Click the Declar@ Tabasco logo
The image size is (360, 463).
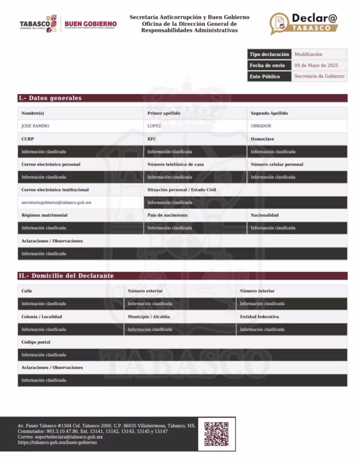pyautogui.click(x=304, y=24)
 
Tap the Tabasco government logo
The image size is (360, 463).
pyautogui.click(x=38, y=24)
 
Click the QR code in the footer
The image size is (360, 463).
pyautogui.click(x=216, y=434)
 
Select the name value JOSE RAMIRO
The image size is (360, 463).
pyautogui.click(x=36, y=126)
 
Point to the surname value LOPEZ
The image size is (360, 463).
pyautogui.click(x=154, y=126)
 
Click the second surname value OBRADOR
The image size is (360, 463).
pyautogui.click(x=261, y=126)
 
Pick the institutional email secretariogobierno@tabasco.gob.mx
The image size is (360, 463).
pyautogui.click(x=57, y=203)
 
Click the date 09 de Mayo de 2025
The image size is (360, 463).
pyautogui.click(x=316, y=66)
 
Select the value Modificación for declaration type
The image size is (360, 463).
pyautogui.click(x=308, y=54)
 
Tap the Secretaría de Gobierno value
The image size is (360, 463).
pyautogui.click(x=319, y=76)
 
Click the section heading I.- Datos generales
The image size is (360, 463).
pyautogui.click(x=50, y=98)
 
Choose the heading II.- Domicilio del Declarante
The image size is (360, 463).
pyautogui.click(x=66, y=276)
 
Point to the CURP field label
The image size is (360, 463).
pyautogui.click(x=28, y=139)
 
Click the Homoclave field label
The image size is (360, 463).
pyautogui.click(x=262, y=139)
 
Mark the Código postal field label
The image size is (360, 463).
pyautogui.click(x=36, y=342)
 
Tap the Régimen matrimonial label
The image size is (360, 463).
pyautogui.click(x=45, y=215)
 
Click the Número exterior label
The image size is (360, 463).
pyautogui.click(x=145, y=291)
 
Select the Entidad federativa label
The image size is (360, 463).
pyautogui.click(x=259, y=317)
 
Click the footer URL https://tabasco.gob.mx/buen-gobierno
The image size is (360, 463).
pyautogui.click(x=57, y=443)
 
